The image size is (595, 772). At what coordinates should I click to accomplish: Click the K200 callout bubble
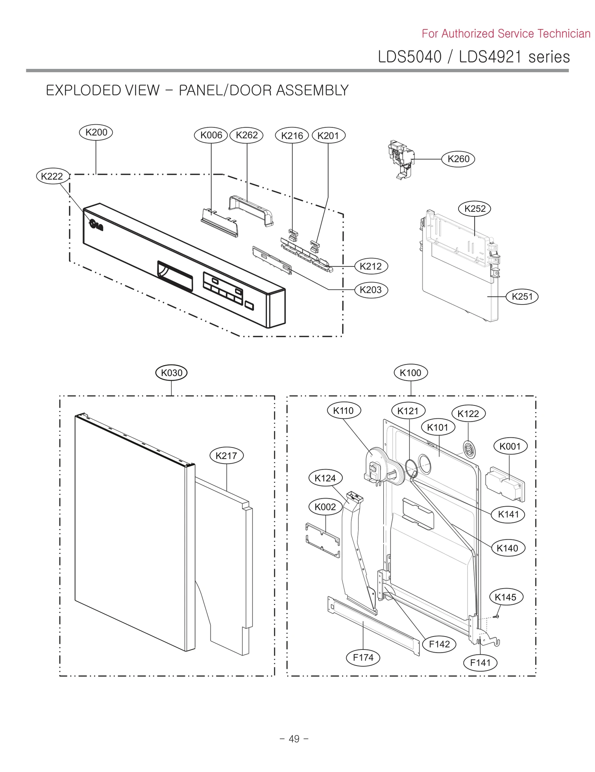pyautogui.click(x=96, y=133)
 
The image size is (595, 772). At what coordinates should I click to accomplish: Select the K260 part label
pyautogui.click(x=458, y=159)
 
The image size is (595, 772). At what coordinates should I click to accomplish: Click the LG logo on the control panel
pyautogui.click(x=96, y=224)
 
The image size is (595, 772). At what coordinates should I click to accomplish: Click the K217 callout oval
pyautogui.click(x=226, y=456)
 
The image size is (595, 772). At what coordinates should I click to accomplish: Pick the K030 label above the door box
pyautogui.click(x=171, y=373)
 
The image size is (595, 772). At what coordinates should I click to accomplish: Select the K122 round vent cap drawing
pyautogui.click(x=469, y=449)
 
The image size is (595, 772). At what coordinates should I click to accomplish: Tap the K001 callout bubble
pyautogui.click(x=510, y=446)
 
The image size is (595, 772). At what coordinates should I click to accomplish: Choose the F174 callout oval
pyautogui.click(x=363, y=657)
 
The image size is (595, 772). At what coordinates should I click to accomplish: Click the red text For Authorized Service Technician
pyautogui.click(x=506, y=34)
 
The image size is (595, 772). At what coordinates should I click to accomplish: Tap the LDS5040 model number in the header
pyautogui.click(x=409, y=57)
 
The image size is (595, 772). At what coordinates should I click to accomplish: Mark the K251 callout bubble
pyautogui.click(x=522, y=297)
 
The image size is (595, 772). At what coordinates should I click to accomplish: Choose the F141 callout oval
pyautogui.click(x=480, y=663)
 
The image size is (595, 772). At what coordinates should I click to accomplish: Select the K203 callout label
pyautogui.click(x=371, y=290)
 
